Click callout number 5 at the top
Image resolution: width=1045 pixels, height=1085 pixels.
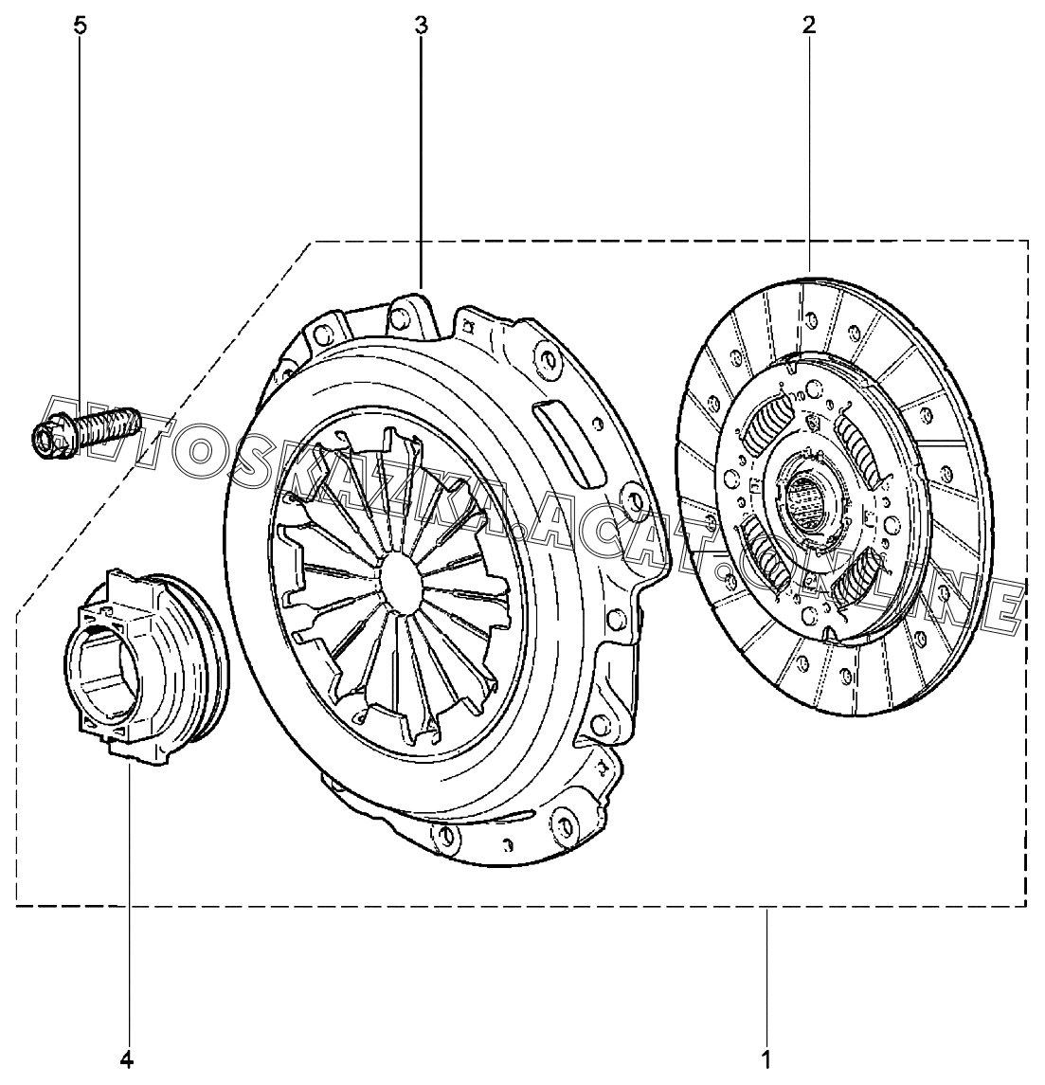(x=81, y=26)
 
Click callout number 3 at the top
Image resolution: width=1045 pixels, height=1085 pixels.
(x=421, y=26)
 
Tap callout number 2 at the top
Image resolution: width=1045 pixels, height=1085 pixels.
(x=809, y=26)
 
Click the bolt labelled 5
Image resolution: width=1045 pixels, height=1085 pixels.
(x=86, y=431)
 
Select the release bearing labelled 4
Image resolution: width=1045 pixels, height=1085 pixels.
(x=144, y=668)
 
